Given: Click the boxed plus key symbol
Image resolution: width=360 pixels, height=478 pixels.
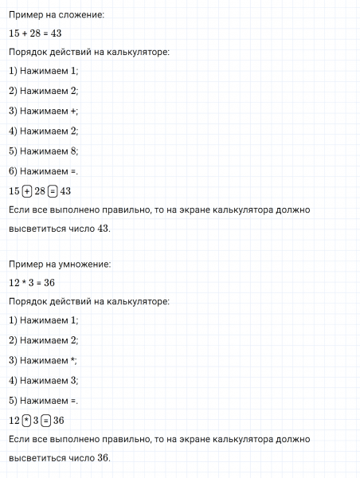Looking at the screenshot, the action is point(27,190).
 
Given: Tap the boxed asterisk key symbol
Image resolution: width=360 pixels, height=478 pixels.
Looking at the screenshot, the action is point(27,420).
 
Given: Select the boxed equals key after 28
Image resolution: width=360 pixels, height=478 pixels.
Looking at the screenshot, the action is point(53,190).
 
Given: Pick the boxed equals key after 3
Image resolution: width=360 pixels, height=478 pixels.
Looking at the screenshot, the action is point(46,420).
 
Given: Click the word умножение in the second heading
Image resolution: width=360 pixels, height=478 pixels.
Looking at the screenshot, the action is point(85,264).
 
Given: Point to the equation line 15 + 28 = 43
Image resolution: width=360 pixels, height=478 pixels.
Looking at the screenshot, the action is point(35,33).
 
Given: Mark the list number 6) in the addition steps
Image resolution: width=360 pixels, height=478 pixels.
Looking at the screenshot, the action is point(13,170).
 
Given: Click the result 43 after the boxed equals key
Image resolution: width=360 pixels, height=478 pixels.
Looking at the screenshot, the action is point(65,190).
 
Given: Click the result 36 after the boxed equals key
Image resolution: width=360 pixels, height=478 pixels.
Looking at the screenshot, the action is point(59,420).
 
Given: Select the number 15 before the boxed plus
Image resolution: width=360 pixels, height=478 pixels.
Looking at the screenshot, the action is point(14,190).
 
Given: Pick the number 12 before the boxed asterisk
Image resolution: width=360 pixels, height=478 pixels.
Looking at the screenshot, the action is point(14,420).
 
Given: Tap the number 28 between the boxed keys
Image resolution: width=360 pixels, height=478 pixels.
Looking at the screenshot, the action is point(40,190).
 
